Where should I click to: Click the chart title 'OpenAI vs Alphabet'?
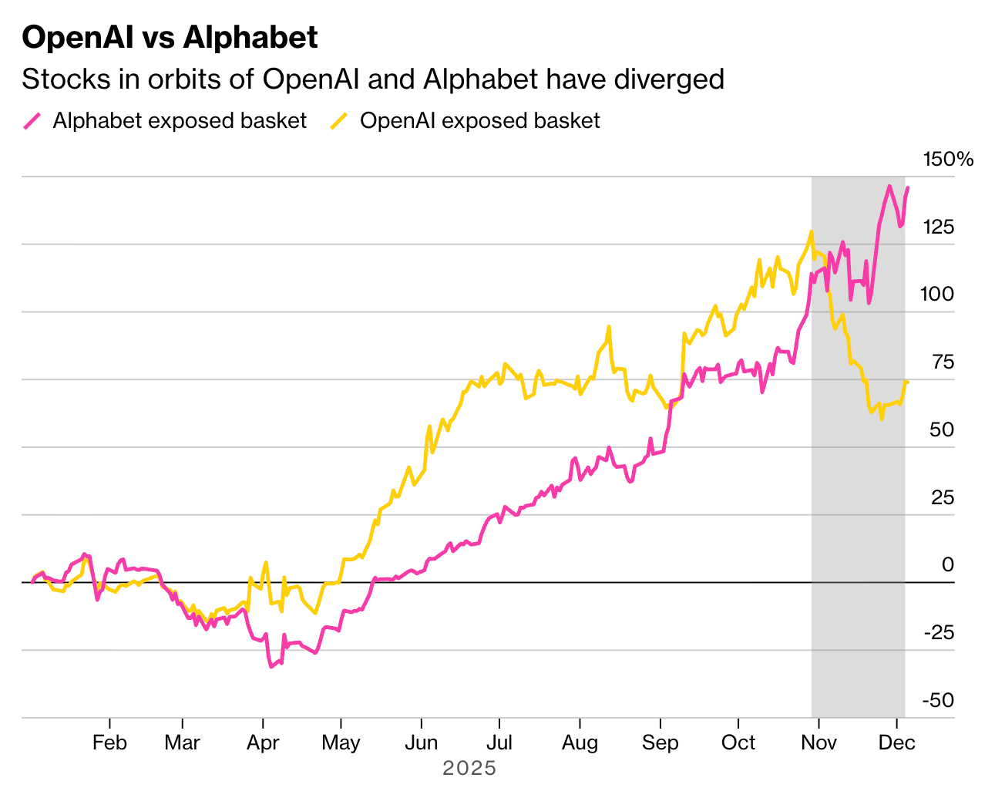(170, 37)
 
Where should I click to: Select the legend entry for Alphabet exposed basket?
(179, 121)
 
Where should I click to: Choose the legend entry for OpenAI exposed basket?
(479, 121)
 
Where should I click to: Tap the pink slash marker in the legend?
(32, 121)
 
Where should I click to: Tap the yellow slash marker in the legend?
(339, 121)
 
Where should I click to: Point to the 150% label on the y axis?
(948, 160)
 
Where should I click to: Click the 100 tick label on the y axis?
(936, 295)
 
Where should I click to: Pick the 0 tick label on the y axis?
(947, 565)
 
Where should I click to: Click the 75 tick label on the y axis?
(941, 362)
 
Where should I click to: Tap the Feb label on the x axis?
(109, 743)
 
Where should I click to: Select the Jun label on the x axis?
(422, 743)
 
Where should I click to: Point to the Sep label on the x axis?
(660, 743)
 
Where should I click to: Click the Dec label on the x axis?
(897, 743)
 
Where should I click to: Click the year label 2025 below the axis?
(469, 769)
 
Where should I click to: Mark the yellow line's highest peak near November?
(811, 231)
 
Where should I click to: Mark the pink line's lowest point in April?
(271, 667)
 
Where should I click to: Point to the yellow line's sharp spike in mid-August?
(609, 327)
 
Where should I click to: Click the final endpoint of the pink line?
(907, 187)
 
